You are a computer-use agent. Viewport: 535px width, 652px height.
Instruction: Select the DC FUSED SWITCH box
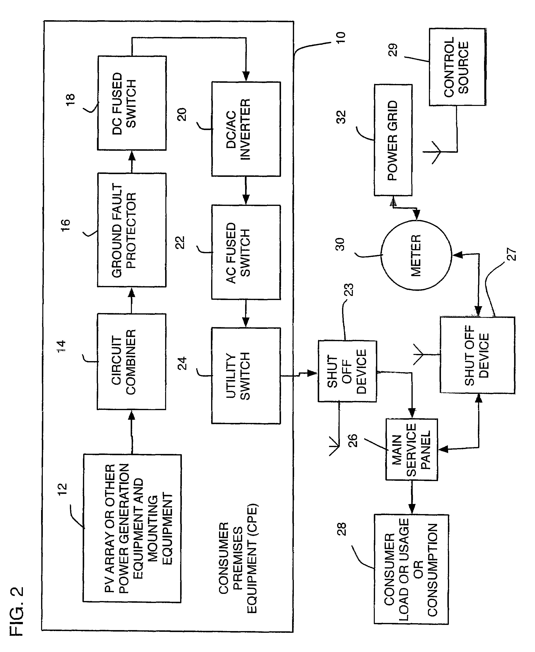tap(132, 103)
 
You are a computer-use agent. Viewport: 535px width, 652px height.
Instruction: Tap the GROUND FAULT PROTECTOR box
tap(132, 230)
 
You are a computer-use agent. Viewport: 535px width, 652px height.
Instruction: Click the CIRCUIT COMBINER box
tap(132, 361)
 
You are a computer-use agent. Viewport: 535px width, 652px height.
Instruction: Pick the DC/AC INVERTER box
tap(246, 129)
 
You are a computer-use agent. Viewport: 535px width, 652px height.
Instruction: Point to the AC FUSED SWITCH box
tap(246, 252)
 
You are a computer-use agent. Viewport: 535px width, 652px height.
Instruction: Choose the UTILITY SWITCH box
tap(246, 376)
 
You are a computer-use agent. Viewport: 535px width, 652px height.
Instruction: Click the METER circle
tap(416, 255)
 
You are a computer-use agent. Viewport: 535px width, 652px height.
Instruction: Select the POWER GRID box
tap(393, 140)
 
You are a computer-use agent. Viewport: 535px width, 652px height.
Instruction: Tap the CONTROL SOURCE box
tap(457, 67)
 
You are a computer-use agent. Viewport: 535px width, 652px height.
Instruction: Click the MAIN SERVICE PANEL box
tap(412, 449)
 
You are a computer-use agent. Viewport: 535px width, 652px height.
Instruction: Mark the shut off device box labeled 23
tap(347, 371)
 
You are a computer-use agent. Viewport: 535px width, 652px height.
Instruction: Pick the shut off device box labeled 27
tap(477, 355)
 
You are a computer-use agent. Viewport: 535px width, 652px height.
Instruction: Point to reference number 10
tap(341, 37)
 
